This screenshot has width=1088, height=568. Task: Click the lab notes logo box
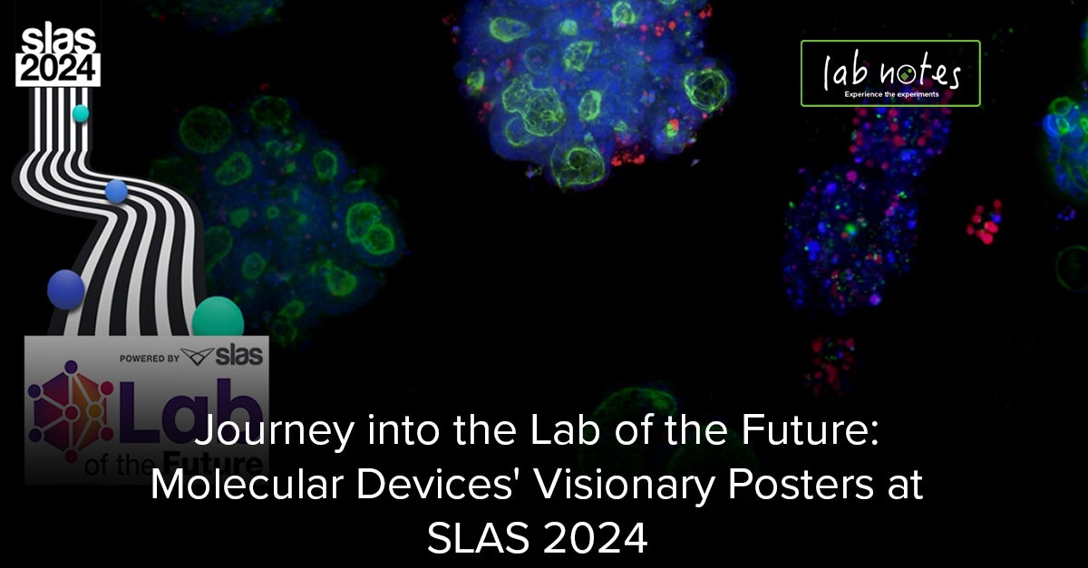click(889, 72)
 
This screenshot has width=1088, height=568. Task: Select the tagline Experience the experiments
click(890, 94)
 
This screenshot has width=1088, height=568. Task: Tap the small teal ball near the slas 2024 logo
click(80, 113)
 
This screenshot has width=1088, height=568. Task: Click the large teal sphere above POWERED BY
click(218, 319)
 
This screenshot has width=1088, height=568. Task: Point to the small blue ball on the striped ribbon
click(116, 190)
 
